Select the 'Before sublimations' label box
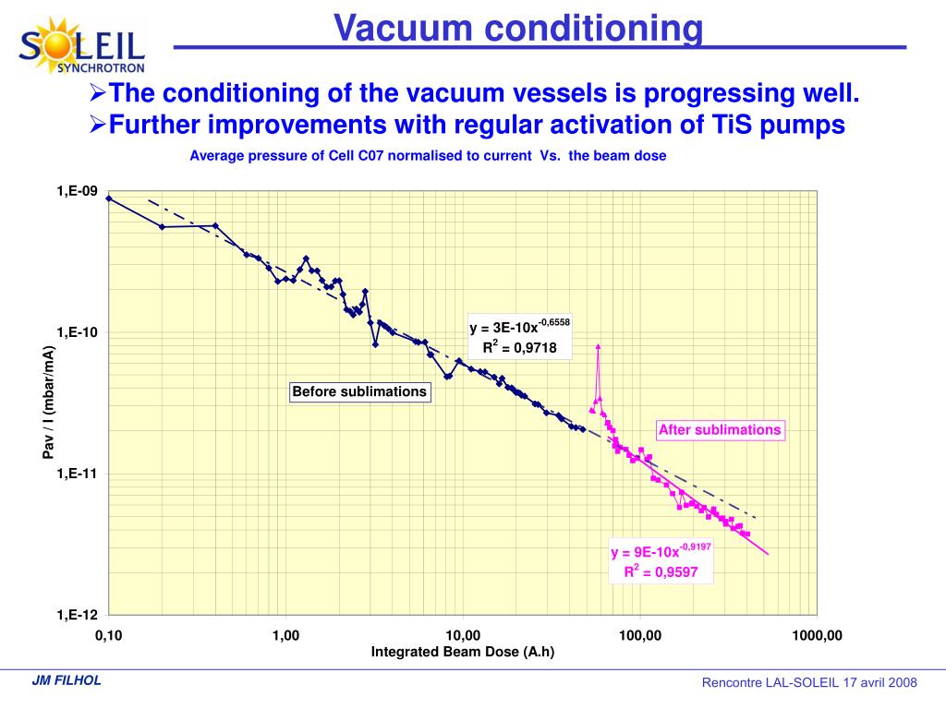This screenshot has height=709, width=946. point(359,391)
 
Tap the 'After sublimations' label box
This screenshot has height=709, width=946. point(720,429)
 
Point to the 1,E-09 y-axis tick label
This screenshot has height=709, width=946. point(77,191)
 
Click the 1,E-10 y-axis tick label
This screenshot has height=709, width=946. point(77,332)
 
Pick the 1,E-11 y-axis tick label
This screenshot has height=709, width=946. point(77,474)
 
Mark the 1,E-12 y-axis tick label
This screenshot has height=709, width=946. point(77,615)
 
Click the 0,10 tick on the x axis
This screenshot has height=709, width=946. point(108,635)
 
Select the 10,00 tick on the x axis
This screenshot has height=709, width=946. point(463,635)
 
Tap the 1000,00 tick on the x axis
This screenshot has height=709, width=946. point(817,635)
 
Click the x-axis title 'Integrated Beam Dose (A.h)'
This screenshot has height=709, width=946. point(463,652)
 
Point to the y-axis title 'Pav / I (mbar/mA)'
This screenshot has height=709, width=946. point(49,402)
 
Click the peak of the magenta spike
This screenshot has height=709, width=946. point(599,346)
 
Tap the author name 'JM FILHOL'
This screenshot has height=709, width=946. point(67,681)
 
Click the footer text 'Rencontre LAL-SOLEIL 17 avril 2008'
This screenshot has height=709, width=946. point(809,682)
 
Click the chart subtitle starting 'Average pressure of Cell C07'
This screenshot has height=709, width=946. point(428,156)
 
